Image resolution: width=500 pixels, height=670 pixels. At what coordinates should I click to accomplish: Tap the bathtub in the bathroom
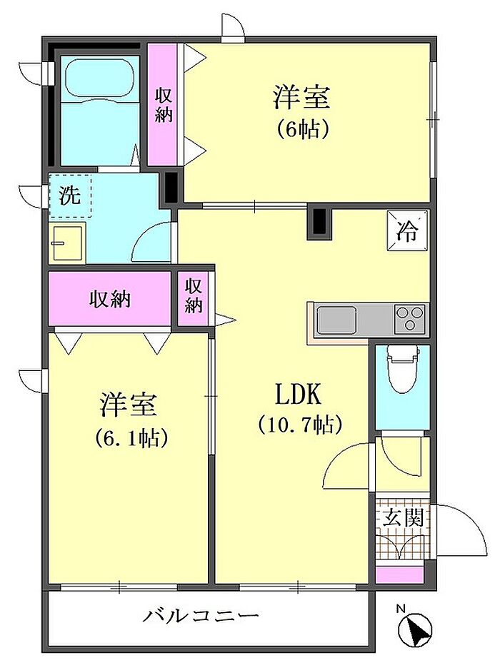100,79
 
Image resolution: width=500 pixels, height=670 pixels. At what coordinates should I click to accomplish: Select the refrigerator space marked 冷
406,231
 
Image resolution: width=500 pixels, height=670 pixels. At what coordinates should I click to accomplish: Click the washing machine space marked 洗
70,196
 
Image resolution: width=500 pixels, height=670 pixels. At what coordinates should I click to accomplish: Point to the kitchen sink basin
336,319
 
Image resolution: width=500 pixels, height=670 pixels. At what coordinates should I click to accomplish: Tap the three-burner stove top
411,318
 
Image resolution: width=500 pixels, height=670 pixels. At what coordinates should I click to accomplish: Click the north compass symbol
414,628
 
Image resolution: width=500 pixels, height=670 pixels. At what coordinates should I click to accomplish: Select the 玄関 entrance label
402,518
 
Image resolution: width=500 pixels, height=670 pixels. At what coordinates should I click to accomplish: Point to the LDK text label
297,394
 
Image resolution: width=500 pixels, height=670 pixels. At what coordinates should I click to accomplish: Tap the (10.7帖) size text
300,425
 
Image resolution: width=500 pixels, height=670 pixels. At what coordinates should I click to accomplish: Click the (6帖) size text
302,128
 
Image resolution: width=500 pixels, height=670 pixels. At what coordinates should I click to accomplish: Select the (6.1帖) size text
130,437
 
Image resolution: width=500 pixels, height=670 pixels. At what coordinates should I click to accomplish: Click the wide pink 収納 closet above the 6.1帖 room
110,299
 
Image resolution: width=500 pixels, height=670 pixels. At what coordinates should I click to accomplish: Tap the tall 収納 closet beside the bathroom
163,105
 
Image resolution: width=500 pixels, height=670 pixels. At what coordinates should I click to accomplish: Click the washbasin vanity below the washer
67,243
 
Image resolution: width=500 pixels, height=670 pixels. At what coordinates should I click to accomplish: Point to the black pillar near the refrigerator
319,222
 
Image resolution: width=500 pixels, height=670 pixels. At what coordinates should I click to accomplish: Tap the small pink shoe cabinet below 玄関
399,574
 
